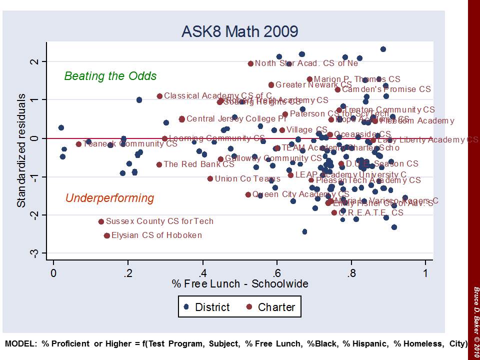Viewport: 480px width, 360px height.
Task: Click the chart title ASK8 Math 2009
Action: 240,31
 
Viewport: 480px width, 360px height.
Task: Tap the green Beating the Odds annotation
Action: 110,76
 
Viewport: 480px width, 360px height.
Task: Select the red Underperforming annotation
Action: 109,198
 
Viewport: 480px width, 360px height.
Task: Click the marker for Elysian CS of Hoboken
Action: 107,235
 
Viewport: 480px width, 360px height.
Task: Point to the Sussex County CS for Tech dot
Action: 101,221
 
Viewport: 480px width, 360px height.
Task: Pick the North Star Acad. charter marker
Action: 250,63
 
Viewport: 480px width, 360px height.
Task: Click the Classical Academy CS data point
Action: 159,96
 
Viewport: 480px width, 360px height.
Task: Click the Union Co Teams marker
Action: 210,178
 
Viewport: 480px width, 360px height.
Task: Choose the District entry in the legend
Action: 206,307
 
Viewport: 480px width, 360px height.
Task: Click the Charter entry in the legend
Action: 270,307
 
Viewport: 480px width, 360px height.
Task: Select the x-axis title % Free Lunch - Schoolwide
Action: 240,284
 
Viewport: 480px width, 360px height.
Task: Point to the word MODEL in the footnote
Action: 20,344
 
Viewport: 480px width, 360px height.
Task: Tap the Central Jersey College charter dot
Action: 181,119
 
